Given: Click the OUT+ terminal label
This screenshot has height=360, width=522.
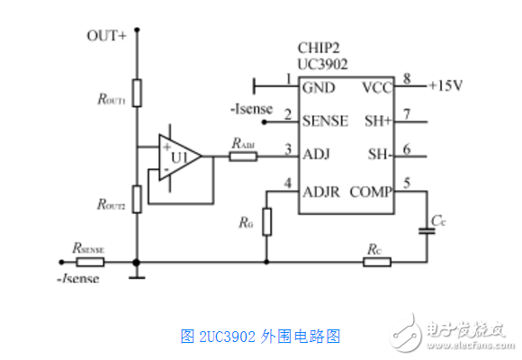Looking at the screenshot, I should click(105, 35).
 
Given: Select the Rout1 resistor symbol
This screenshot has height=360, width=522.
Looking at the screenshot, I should click(136, 91).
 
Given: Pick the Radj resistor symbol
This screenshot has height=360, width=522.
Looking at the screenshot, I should click(242, 157).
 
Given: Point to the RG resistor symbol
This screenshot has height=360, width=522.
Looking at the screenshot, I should click(266, 221).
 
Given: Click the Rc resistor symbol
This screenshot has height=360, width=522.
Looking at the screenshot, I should click(377, 263).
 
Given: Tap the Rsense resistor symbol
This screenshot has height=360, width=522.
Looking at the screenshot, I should click(90, 263).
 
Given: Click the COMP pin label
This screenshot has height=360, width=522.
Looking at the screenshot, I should click(369, 190).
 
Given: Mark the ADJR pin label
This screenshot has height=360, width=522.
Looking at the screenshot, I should click(323, 190).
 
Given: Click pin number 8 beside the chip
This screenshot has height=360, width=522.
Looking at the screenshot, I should click(407, 79).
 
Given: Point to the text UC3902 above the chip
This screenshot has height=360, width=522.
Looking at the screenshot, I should click(323, 64).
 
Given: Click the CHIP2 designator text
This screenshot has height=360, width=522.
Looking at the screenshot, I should click(319, 47).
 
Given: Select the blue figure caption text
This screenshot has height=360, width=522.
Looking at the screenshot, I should click(260, 337).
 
